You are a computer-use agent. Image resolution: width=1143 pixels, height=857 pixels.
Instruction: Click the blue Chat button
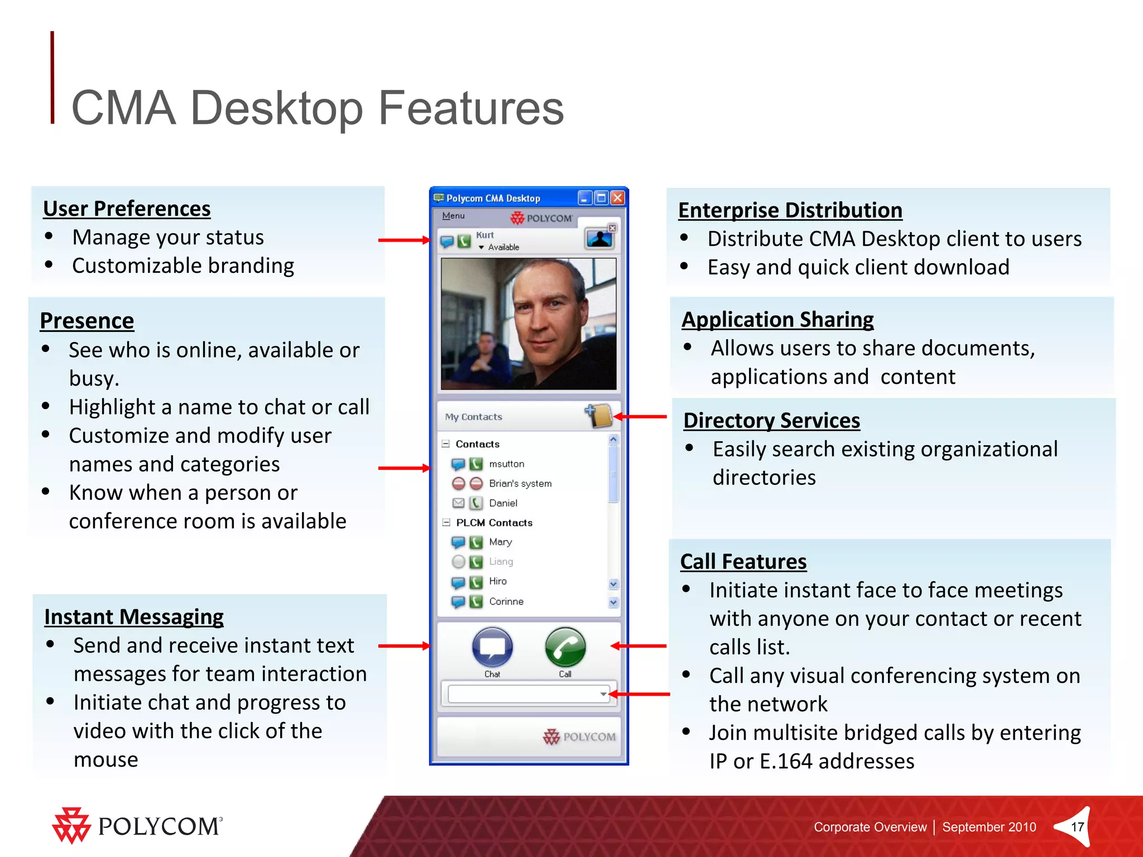point(492,648)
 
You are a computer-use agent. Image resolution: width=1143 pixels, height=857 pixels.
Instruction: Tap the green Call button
point(565,648)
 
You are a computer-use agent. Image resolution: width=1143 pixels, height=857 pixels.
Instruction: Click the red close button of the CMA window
point(617,198)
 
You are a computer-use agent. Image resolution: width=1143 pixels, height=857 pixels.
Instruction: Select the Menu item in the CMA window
point(453,216)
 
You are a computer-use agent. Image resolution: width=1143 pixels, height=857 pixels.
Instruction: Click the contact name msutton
point(506,464)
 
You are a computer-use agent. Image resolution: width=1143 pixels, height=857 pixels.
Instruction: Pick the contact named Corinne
point(506,601)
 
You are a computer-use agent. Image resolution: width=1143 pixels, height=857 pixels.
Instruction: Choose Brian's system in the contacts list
point(520,484)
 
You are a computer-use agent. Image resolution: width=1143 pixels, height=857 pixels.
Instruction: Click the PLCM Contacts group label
point(494,523)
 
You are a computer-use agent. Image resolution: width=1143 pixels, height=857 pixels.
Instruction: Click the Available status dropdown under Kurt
point(500,247)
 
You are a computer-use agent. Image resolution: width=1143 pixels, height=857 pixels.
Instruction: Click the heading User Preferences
point(127,209)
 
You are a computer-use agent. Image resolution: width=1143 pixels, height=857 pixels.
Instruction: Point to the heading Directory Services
point(771,421)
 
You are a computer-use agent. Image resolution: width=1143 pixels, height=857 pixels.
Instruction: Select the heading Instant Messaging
point(134,617)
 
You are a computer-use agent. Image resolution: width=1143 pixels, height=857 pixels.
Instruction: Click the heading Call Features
point(743,562)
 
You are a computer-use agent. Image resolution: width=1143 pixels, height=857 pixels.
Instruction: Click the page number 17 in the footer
point(1077,827)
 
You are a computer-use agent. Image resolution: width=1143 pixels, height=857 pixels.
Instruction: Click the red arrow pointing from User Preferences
point(403,240)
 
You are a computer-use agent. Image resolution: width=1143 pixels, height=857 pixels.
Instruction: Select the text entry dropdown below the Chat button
point(528,694)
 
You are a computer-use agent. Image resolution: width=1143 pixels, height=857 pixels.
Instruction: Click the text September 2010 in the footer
point(989,827)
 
